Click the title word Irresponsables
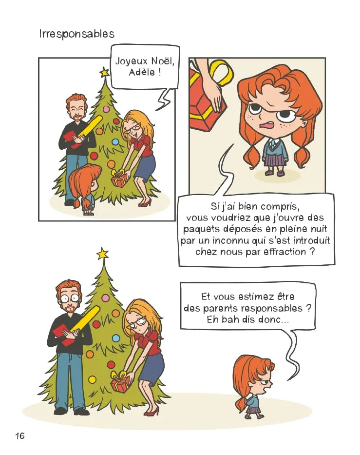coord(77,34)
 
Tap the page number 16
coord(20,435)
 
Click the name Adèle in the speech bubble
coord(142,72)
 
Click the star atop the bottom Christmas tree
coord(102,254)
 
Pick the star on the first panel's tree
coord(104,72)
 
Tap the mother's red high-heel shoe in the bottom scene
coord(152,411)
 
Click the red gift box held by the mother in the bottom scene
coord(119,382)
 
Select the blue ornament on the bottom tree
coord(116,338)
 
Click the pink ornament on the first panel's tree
coord(106,110)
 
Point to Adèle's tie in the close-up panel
coord(273,142)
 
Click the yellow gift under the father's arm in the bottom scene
coord(83,320)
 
